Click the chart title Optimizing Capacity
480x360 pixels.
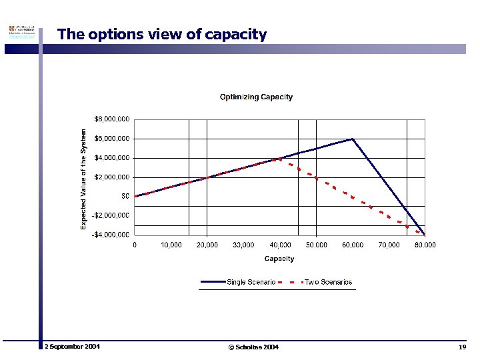click(x=256, y=97)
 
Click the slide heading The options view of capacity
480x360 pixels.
click(x=162, y=34)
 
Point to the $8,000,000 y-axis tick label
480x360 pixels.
click(x=111, y=119)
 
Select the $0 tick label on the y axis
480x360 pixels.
click(x=124, y=196)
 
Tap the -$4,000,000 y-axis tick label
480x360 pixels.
click(x=110, y=235)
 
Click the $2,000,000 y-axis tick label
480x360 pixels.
click(x=111, y=177)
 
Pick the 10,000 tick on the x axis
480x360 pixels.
click(x=171, y=245)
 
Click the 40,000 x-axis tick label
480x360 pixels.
click(x=280, y=245)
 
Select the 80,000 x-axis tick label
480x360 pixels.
click(x=425, y=245)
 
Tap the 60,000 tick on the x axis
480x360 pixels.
click(x=353, y=245)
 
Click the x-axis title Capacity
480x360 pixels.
click(x=279, y=259)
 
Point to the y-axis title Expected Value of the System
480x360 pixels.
click(x=84, y=179)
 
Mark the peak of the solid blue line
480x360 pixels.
click(x=352, y=139)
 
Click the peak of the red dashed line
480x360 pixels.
click(x=280, y=159)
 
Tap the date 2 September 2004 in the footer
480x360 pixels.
click(x=73, y=347)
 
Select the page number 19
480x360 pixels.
click(x=462, y=347)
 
